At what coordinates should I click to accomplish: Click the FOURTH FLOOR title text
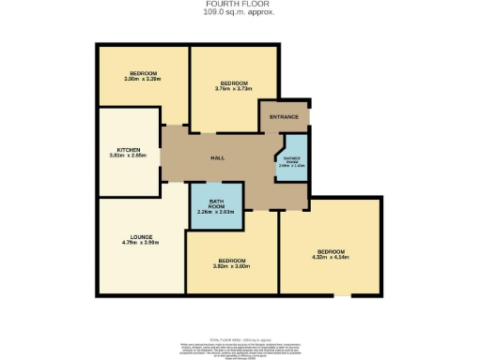[x=240, y=4]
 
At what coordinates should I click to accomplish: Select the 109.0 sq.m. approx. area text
[x=240, y=12]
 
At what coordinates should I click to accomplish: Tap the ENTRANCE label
[x=284, y=117]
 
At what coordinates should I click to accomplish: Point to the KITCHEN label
[x=128, y=150]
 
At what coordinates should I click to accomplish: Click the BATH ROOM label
[x=216, y=204]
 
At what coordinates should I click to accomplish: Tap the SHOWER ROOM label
[x=291, y=159]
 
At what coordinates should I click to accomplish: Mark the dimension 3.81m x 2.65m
[x=128, y=157]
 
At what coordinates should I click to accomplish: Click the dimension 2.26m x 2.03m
[x=216, y=214]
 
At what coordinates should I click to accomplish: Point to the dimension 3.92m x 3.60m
[x=232, y=267]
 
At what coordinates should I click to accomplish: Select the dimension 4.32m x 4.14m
[x=331, y=258]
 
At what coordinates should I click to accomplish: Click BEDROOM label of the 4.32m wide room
[x=331, y=251]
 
